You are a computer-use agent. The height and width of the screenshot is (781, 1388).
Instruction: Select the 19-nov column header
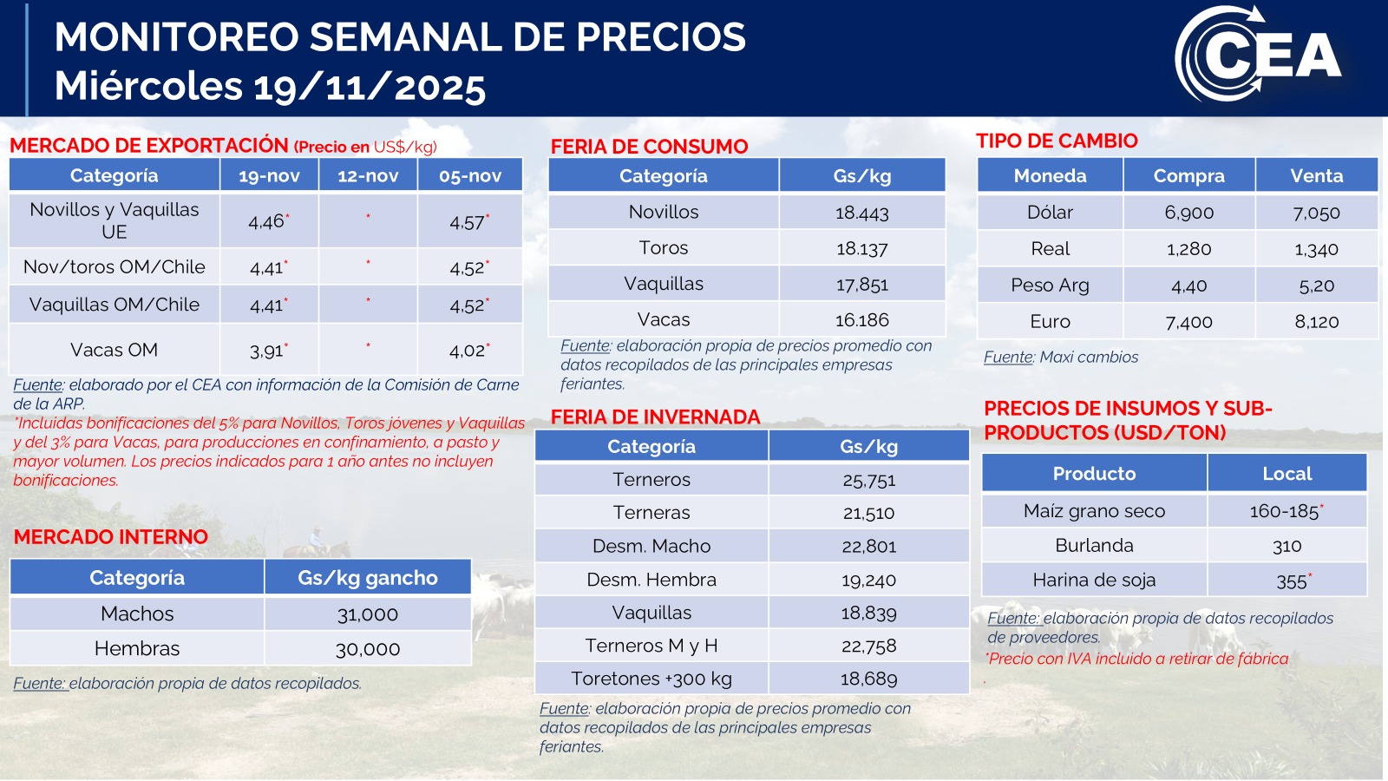pyautogui.click(x=269, y=176)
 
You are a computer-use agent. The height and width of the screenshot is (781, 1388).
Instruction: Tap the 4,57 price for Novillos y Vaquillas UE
pyautogui.click(x=468, y=222)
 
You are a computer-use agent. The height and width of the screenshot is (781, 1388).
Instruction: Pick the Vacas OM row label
pyautogui.click(x=114, y=350)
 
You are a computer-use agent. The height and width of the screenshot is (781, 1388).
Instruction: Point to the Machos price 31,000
pyautogui.click(x=367, y=614)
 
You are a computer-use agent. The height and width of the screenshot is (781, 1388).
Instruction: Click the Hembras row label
pyautogui.click(x=137, y=648)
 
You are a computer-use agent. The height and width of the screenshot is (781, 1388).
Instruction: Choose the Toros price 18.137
pyautogui.click(x=861, y=248)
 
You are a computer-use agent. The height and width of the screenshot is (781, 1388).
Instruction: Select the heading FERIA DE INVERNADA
pyautogui.click(x=655, y=417)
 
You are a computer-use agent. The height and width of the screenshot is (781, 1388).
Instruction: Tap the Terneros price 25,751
pyautogui.click(x=868, y=480)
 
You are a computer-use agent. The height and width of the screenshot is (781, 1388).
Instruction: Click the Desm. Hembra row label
pyautogui.click(x=651, y=580)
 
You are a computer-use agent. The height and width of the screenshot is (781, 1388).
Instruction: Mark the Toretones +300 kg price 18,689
pyautogui.click(x=868, y=679)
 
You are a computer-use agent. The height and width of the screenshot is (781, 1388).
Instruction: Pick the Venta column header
pyautogui.click(x=1316, y=176)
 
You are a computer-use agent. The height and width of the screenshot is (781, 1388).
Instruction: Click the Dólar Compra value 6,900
pyautogui.click(x=1188, y=213)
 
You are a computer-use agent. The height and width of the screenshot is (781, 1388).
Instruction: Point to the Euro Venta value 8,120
pyautogui.click(x=1316, y=322)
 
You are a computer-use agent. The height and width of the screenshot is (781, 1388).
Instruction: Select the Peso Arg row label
pyautogui.click(x=1050, y=285)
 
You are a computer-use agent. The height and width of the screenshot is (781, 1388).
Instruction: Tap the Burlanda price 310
pyautogui.click(x=1287, y=546)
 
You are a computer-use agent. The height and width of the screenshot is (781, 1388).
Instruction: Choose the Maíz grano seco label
pyautogui.click(x=1094, y=511)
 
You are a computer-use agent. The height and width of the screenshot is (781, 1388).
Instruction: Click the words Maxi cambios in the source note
pyautogui.click(x=1089, y=357)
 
